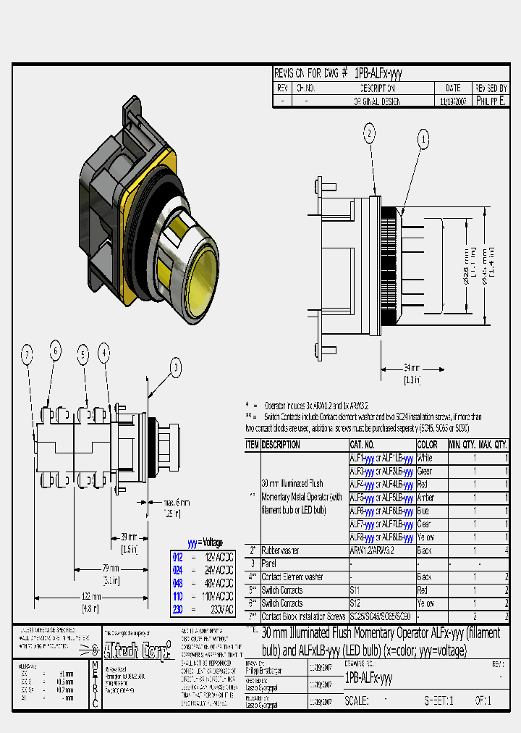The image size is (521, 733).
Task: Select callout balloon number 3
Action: [x=176, y=367]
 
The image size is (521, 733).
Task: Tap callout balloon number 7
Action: [x=27, y=355]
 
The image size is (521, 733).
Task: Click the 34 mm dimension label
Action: [x=410, y=366]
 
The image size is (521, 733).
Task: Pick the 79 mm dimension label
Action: [x=111, y=569]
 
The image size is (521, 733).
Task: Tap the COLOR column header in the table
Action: [x=427, y=444]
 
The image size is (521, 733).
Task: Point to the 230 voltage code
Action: [x=178, y=609]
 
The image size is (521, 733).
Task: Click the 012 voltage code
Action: [x=178, y=556]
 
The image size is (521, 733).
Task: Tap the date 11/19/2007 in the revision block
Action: [x=454, y=102]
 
